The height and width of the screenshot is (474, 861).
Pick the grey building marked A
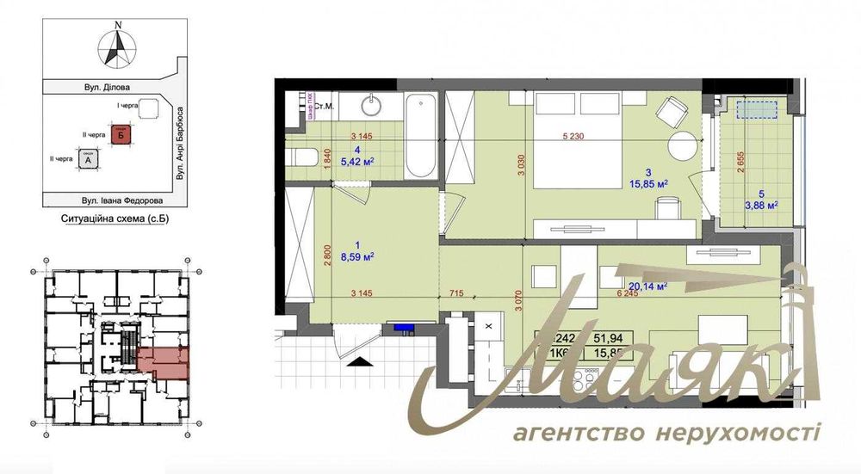87,158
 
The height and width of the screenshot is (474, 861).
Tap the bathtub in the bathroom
420,136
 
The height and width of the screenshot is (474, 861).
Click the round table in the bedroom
685,145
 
